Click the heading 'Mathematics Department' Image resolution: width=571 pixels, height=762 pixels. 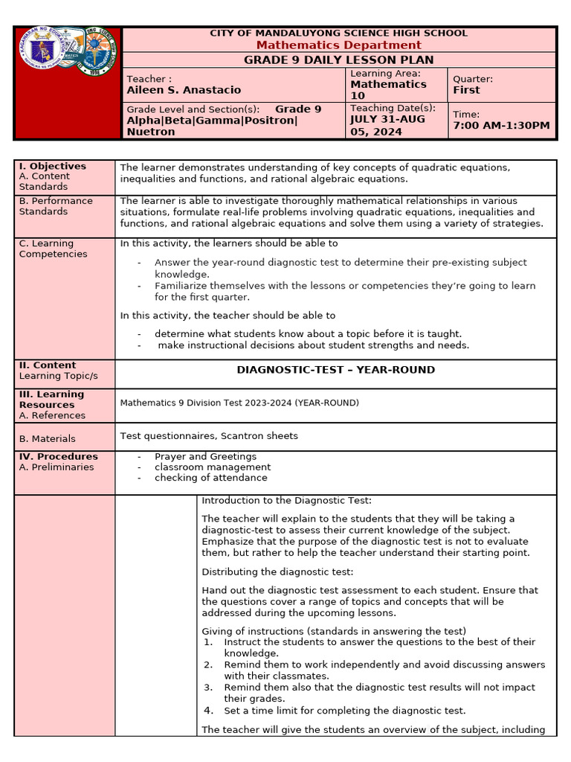point(338,45)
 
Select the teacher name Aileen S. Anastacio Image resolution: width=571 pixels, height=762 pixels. point(184,90)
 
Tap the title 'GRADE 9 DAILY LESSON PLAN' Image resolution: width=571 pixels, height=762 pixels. point(338,60)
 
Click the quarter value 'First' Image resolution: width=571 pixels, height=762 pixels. point(466,90)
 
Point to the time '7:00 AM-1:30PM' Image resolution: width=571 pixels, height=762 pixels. point(502,126)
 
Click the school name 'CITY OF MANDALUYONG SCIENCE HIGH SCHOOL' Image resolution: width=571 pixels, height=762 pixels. point(338,33)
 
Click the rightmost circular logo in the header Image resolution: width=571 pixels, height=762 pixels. point(99,51)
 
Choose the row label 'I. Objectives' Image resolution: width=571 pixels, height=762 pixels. point(53,166)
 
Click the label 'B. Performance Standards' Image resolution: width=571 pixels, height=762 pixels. point(56,206)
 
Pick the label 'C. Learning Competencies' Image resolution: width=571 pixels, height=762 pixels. point(53,249)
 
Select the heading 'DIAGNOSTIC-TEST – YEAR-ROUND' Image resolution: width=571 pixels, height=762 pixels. point(335,370)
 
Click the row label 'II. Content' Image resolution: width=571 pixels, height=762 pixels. point(48,365)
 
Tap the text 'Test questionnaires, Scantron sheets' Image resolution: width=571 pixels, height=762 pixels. point(209,436)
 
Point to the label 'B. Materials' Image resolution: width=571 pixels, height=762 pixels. point(47,439)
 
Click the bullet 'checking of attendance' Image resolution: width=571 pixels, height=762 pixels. point(210,478)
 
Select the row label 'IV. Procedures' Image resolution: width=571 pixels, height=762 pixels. point(58,456)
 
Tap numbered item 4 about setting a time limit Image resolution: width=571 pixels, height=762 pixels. point(344,711)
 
